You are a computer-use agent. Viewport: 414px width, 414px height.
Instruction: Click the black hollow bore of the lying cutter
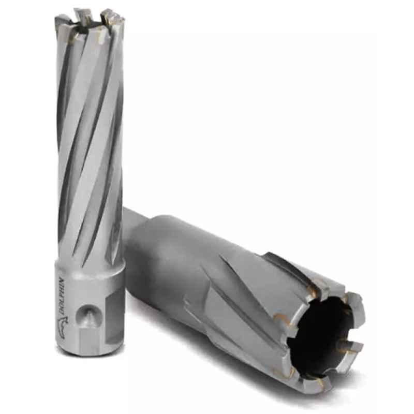[321, 326]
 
